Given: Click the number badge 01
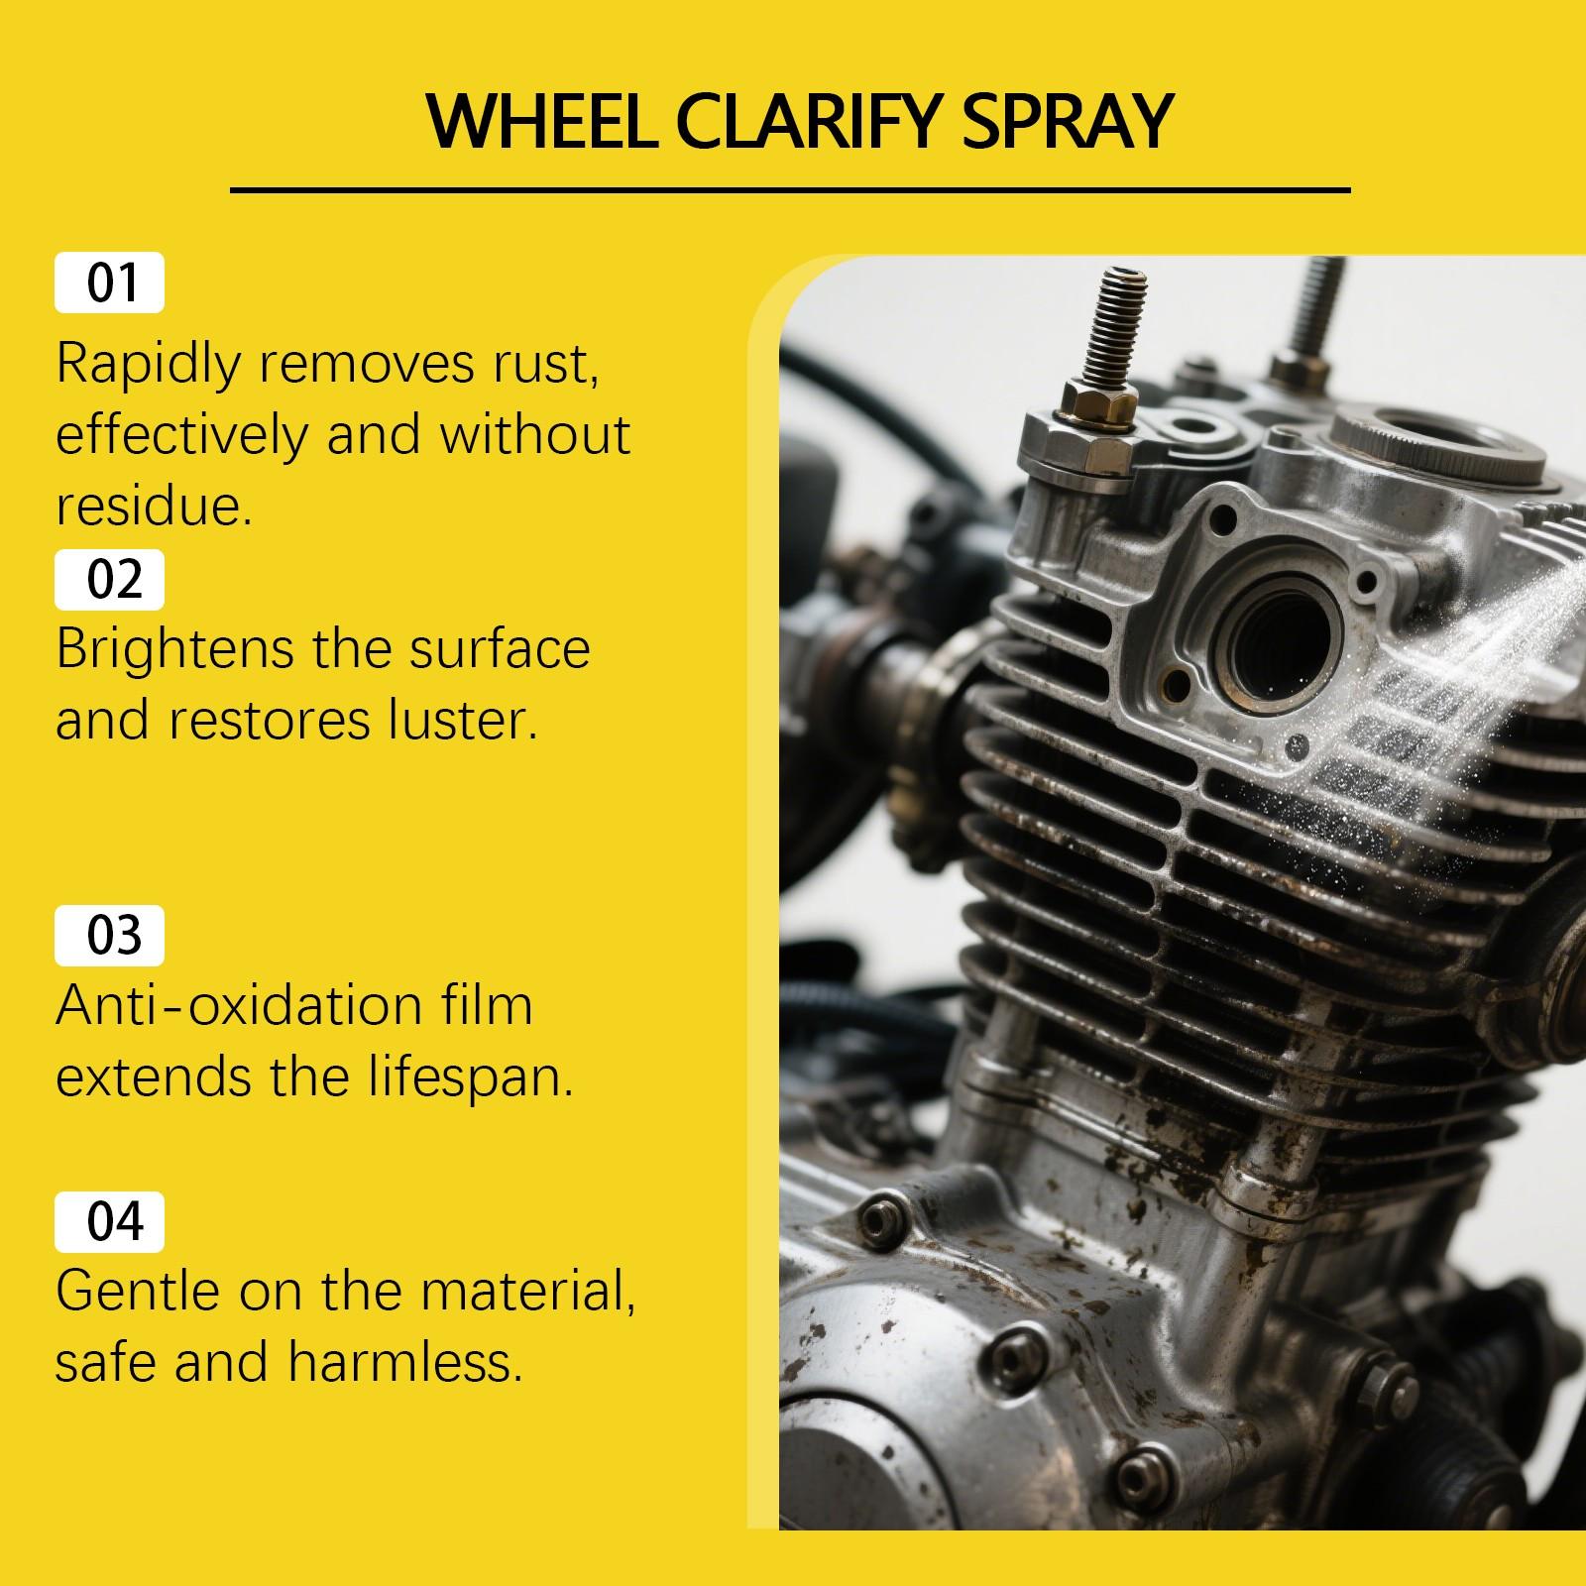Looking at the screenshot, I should [x=110, y=283].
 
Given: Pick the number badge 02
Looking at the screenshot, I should [x=110, y=580].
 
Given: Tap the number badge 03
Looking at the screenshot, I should [x=110, y=936].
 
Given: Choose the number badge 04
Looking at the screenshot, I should [x=110, y=1222].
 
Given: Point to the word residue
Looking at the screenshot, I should [x=149, y=507].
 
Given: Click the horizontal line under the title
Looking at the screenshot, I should [x=790, y=189].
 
